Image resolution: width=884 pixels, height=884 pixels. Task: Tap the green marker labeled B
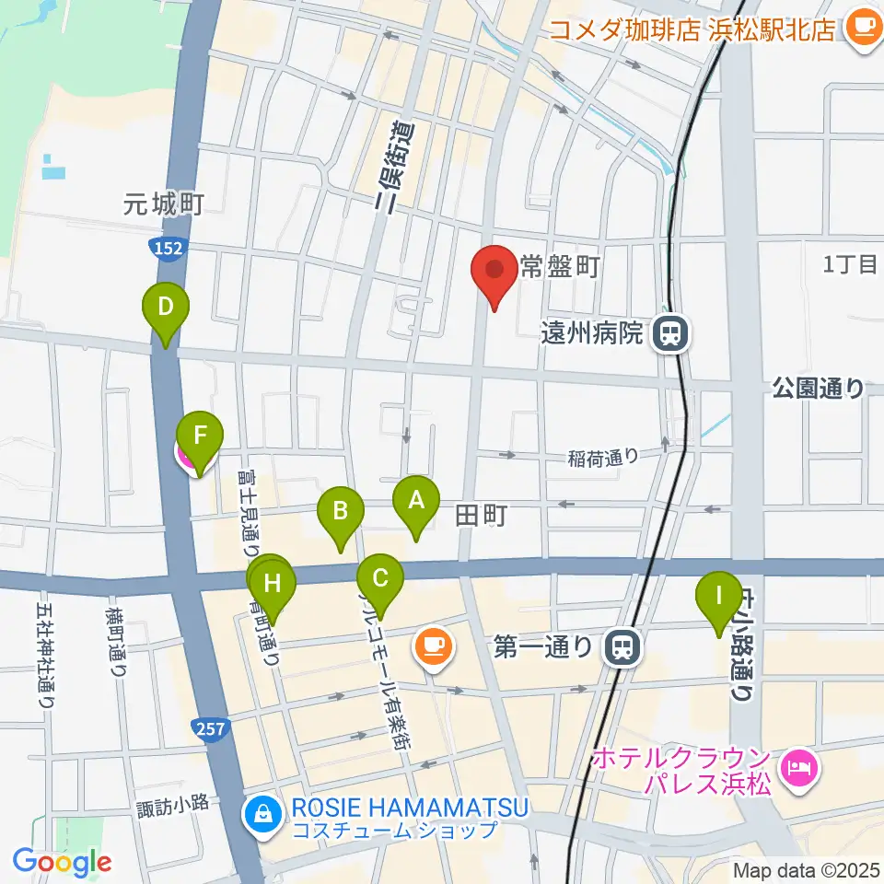(340, 511)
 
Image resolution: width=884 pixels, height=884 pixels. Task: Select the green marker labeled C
(380, 580)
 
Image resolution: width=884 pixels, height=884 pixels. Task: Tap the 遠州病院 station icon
(670, 333)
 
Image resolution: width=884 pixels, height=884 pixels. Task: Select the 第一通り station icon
(623, 647)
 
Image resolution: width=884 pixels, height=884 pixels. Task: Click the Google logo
(61, 862)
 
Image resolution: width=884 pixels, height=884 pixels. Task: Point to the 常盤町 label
(560, 268)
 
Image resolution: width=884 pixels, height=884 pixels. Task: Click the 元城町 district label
(164, 204)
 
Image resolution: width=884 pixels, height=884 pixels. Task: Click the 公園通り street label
(819, 389)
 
